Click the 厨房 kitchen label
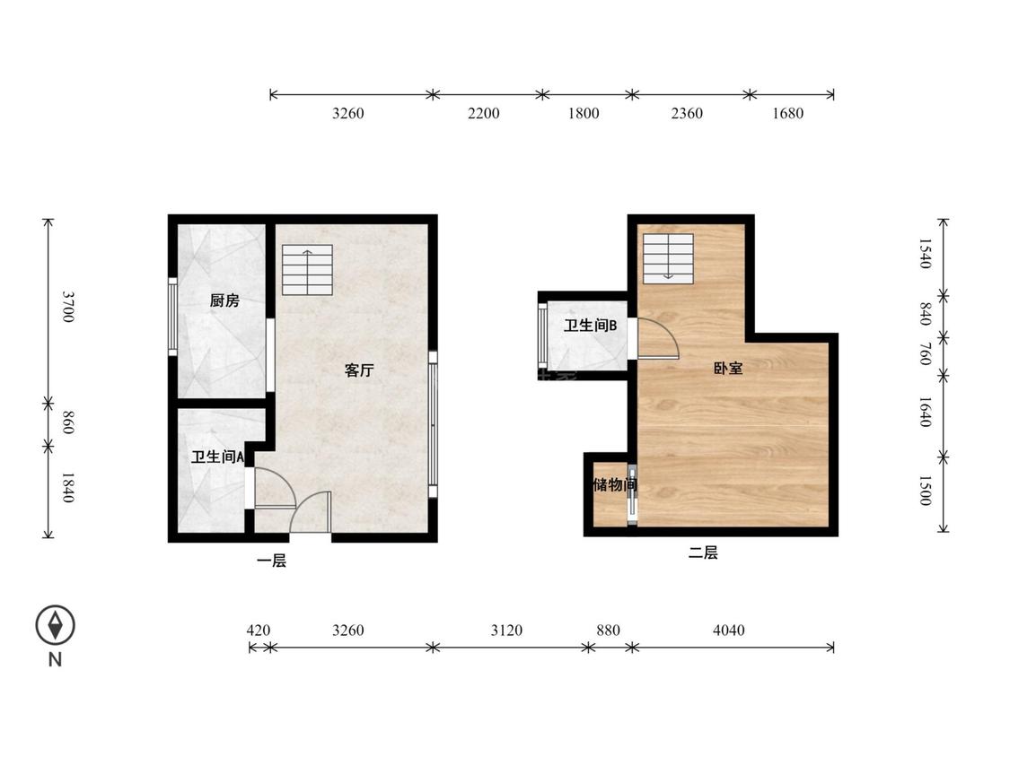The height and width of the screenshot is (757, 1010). (x=224, y=300)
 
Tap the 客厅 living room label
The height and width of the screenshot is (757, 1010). (x=359, y=370)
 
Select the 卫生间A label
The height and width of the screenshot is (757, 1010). (x=218, y=457)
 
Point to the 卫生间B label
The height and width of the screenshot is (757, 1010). (x=590, y=326)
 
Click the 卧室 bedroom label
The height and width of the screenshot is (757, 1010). (x=728, y=369)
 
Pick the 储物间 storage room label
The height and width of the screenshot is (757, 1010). (x=615, y=484)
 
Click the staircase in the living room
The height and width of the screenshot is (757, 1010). (x=307, y=270)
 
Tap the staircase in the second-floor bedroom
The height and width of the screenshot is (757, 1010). (x=668, y=258)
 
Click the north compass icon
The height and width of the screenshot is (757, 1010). (x=56, y=625)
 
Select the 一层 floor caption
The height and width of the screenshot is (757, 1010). (x=271, y=561)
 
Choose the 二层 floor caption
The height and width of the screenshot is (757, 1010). (x=703, y=553)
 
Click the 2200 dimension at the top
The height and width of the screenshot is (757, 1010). (x=483, y=113)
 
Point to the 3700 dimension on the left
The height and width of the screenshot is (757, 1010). (x=68, y=307)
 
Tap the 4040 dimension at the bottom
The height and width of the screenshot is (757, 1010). (x=728, y=631)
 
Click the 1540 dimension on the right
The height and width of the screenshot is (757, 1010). (x=925, y=254)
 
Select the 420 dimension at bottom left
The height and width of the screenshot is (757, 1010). (x=259, y=631)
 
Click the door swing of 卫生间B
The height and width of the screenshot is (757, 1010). (x=658, y=339)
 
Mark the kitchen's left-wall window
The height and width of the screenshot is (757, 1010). (x=172, y=316)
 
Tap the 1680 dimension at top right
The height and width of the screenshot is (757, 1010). (x=787, y=113)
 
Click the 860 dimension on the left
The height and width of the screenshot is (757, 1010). (x=68, y=423)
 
